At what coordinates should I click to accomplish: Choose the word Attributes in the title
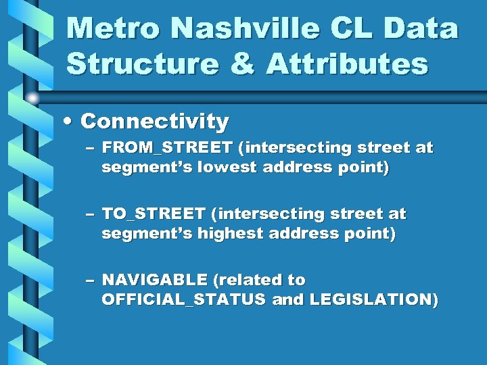[x=346, y=64]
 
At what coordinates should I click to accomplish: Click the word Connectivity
[x=154, y=122]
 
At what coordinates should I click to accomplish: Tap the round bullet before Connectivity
[x=70, y=122]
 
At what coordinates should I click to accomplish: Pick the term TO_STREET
[x=153, y=214]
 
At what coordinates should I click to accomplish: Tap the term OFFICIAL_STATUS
[x=183, y=299]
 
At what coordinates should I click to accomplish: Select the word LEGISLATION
[x=369, y=299]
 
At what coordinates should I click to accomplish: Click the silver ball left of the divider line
[x=32, y=99]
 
